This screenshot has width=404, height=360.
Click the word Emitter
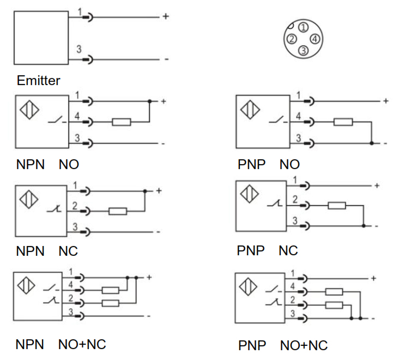coord(38,81)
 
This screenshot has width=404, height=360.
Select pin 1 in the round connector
coord(304,27)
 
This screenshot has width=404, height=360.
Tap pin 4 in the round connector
coord(316,38)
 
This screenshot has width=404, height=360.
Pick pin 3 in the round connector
coord(304,50)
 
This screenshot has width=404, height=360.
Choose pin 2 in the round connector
coord(292,39)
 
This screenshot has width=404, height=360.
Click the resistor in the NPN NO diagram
coord(121,122)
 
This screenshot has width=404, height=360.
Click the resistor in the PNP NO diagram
coord(343,122)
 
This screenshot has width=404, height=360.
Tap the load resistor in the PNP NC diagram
coord(336,206)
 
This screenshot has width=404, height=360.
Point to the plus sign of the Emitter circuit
coord(166,17)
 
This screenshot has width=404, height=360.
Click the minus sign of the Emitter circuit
coord(166,59)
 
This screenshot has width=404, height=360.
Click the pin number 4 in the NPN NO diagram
coord(77,116)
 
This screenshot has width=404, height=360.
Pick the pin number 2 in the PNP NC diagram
coord(295,200)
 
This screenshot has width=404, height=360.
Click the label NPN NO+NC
coord(61,344)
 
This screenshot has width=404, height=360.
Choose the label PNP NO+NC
coord(282,346)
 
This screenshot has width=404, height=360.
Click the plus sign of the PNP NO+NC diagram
coord(373,278)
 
